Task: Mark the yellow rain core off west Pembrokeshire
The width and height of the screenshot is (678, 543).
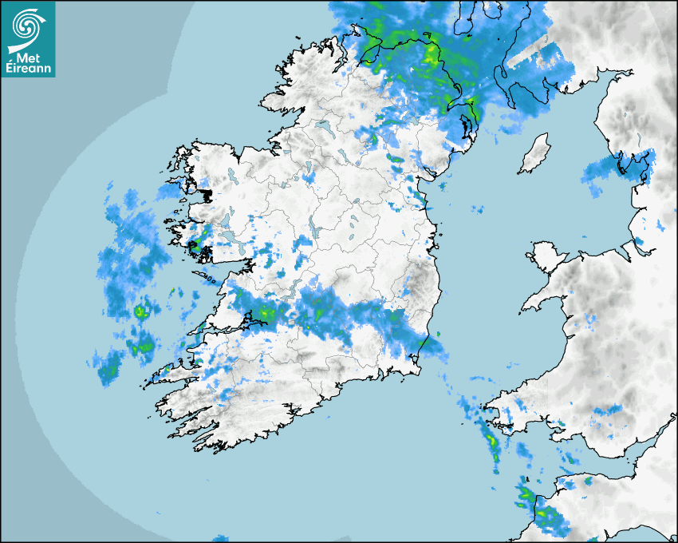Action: [x=491, y=438]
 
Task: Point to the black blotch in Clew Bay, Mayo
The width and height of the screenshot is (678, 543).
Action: [x=207, y=194]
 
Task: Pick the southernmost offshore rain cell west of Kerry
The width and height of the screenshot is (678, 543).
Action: [x=108, y=370]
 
